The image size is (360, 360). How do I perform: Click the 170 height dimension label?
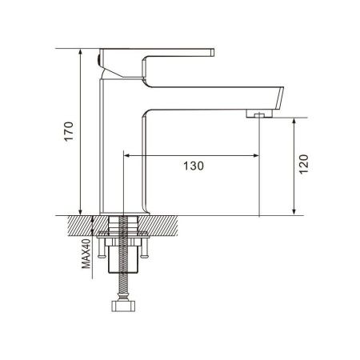coord(69,131)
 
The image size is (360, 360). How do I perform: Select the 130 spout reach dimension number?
coord(194,166)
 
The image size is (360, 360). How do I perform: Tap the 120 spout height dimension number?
coord(304,164)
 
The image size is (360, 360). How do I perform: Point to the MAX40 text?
coord(86,254)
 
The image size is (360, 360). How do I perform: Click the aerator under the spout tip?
coord(259,114)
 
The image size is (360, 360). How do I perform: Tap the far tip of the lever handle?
coord(213,53)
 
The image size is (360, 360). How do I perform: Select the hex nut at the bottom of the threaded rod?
coord(123,306)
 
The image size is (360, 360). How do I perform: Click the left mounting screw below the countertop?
coord(101,248)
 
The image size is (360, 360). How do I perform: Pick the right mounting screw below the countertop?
coord(144,248)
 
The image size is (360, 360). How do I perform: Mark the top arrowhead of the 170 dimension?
coord(80,52)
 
